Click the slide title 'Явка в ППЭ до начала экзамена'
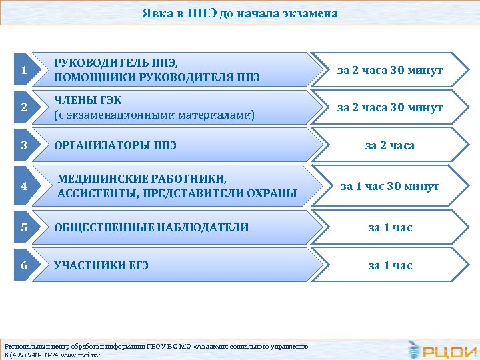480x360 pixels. pos(239,13)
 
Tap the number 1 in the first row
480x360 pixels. pos(24,71)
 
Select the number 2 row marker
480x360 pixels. pos(24,108)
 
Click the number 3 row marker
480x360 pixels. pos(24,145)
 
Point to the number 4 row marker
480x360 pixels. pos(24,187)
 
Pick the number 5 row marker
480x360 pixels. pos(24,227)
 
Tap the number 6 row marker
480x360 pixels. pos(24,265)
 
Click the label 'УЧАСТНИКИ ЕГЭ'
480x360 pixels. pos(101,265)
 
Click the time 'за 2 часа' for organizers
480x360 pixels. pos(390,145)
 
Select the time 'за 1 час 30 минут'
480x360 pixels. pos(390,187)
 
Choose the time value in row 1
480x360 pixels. pos(390,70)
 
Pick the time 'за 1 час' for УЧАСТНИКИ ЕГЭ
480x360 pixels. pos(390,265)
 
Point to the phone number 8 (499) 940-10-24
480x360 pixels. pos(29,355)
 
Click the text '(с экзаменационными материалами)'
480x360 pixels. pos(154,115)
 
